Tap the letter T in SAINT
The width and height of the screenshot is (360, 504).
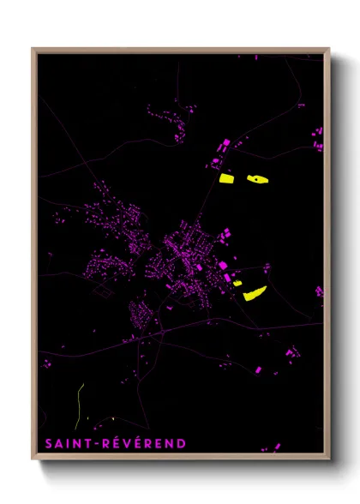87,443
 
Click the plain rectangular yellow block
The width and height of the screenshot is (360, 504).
226,179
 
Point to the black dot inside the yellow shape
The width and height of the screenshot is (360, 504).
255,179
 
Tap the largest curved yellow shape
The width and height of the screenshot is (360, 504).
255,294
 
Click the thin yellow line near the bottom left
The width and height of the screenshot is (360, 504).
79,403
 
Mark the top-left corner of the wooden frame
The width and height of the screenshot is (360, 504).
33,49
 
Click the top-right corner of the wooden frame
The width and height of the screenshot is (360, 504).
328,49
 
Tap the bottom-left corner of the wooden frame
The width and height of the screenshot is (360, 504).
33,460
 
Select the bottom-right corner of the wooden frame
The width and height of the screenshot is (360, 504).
328,460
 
